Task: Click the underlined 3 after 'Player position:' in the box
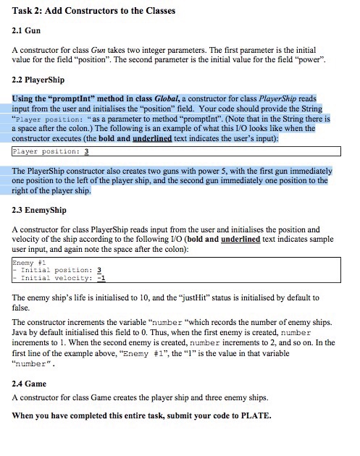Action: [x=86, y=151]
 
